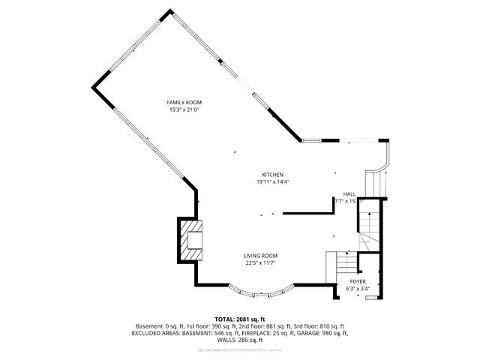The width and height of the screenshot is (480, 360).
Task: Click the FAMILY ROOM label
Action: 184,102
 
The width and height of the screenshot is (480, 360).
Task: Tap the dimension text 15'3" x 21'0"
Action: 184,109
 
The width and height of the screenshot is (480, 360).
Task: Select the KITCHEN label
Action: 272,174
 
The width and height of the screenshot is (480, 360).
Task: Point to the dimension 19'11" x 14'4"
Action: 272,181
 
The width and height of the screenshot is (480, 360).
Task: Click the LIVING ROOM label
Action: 260,255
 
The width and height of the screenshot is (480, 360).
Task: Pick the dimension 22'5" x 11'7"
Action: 260,262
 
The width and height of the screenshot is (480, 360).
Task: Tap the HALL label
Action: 349,193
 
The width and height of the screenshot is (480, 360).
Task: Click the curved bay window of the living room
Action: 259,291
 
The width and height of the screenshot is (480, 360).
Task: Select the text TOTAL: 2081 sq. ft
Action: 240,319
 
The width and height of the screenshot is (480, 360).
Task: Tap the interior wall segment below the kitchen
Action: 307,211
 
